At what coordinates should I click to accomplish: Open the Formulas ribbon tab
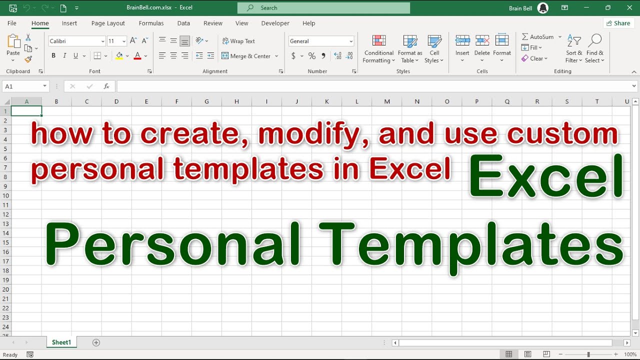[x=151, y=23]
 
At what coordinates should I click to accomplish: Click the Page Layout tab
[x=108, y=23]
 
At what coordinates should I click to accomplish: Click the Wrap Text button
[x=238, y=41]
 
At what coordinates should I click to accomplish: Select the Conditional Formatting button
[x=378, y=49]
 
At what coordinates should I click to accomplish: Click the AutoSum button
[x=538, y=37]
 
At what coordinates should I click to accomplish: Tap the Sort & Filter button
[x=574, y=49]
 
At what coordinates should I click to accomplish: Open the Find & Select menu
[x=595, y=49]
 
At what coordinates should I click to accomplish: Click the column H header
[x=236, y=101]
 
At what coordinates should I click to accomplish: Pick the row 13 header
[x=6, y=224]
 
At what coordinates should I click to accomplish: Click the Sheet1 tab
[x=61, y=342]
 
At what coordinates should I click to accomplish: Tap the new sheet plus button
[x=96, y=342]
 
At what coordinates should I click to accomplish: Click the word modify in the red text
[x=314, y=134]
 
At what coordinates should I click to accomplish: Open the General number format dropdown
[x=321, y=41]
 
